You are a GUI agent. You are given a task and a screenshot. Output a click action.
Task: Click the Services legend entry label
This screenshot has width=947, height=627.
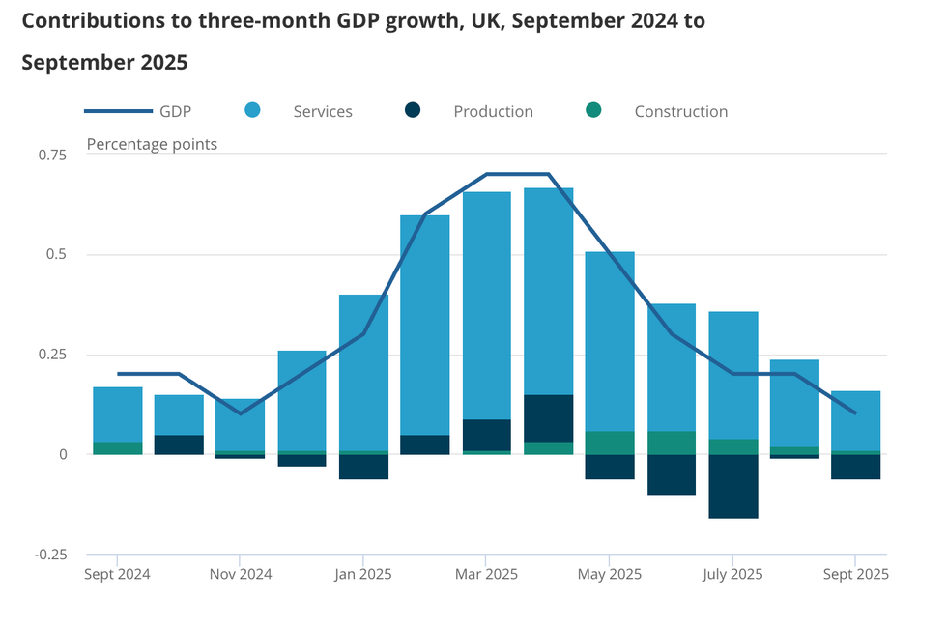[323, 111]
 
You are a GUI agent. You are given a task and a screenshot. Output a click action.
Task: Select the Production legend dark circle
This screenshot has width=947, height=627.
[413, 110]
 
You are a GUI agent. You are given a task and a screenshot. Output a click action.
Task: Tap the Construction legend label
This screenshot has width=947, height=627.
[680, 111]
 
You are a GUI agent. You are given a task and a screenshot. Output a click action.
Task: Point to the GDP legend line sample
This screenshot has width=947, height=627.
[119, 111]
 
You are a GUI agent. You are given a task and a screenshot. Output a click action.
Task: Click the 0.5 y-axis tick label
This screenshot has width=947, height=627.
[56, 255]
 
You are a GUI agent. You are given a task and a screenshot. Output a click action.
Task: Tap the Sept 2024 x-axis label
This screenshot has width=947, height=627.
[117, 574]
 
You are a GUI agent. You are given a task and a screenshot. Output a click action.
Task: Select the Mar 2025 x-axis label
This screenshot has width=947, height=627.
[485, 574]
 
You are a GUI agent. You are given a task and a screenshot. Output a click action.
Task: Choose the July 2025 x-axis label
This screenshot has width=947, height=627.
[732, 574]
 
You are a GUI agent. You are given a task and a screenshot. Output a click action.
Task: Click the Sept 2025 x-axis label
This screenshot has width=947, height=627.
[854, 574]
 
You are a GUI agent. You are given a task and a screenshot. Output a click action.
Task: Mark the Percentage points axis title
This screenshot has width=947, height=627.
[152, 144]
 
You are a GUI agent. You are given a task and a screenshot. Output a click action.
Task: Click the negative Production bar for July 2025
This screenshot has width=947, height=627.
[732, 486]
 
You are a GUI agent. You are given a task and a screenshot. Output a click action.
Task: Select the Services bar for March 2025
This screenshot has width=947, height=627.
[487, 305]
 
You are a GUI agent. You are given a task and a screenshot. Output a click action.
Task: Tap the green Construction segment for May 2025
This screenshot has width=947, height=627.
[610, 442]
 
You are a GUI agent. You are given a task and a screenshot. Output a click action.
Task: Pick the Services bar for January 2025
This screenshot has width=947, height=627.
[363, 372]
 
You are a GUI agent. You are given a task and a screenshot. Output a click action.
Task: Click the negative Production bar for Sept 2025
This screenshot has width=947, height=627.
[855, 467]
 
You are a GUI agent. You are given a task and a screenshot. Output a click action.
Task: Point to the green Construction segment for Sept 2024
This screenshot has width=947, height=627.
[118, 448]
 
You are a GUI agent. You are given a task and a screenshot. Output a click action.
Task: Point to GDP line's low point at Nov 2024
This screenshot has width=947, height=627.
[241, 413]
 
